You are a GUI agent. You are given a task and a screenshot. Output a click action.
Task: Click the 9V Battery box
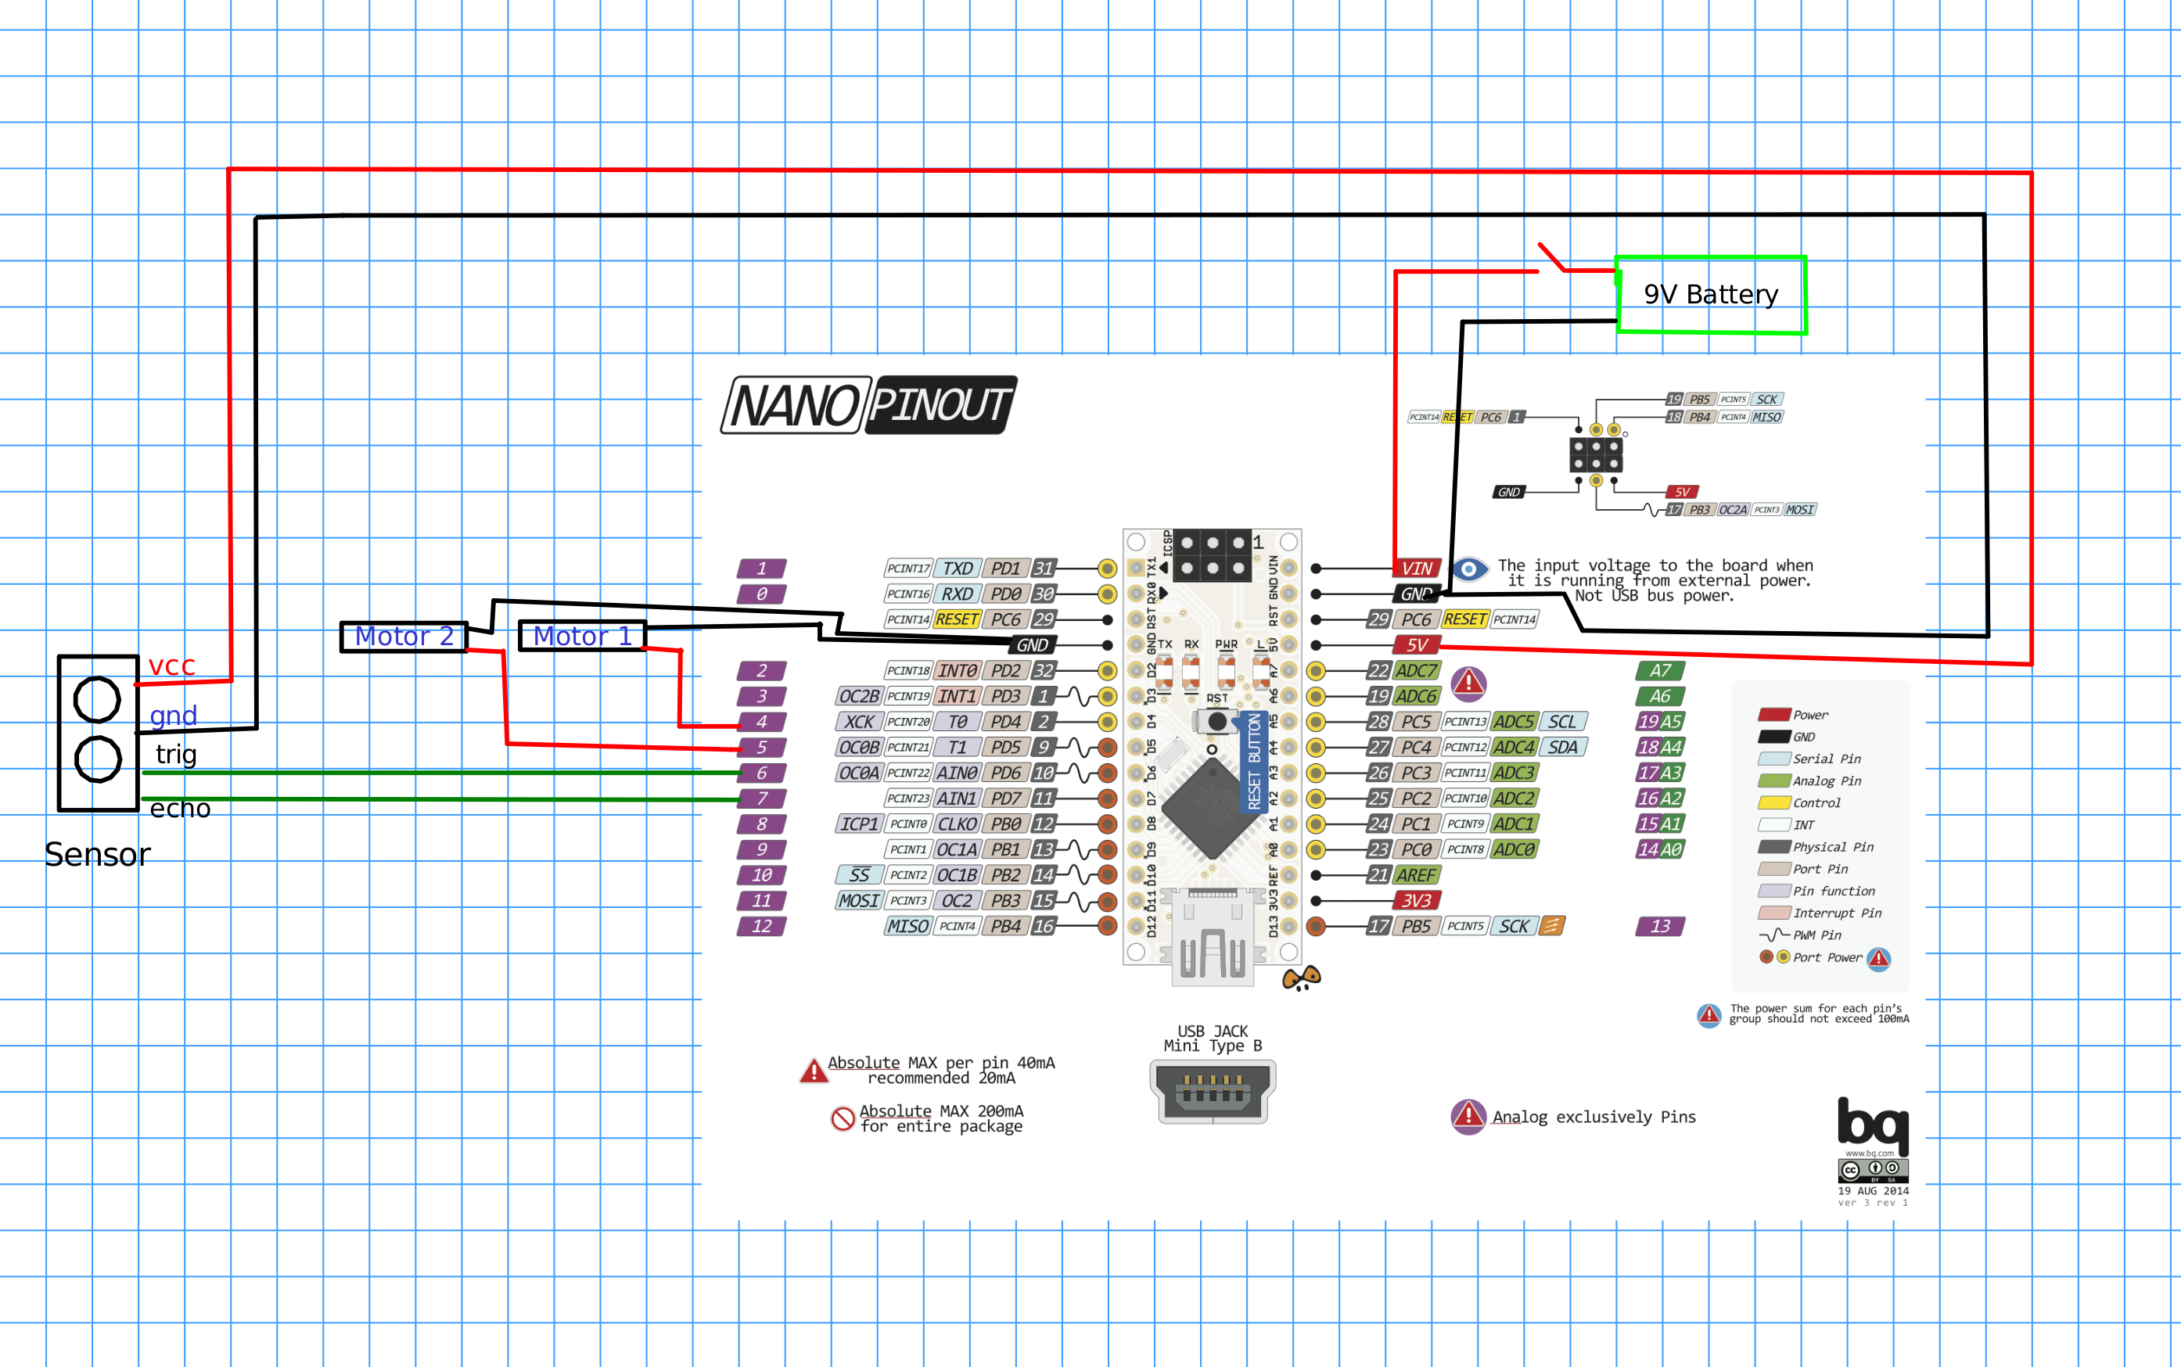pos(1711,295)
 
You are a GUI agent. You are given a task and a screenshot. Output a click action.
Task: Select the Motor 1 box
pos(582,636)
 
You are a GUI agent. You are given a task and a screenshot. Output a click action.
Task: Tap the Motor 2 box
pos(404,636)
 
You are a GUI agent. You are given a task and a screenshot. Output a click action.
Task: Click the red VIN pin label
pos(1417,568)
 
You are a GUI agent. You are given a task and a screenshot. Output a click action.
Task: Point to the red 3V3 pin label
pos(1416,900)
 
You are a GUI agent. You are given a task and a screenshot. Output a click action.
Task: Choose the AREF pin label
pos(1415,875)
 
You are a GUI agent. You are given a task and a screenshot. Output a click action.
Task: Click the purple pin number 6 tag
pos(761,773)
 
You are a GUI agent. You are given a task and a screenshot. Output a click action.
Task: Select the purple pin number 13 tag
pos(1660,926)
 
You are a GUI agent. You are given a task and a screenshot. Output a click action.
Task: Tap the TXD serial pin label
pos(957,568)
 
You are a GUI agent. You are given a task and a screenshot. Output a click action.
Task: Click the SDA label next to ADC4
pos(1562,748)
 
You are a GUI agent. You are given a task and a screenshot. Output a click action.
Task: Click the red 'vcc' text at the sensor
pos(172,666)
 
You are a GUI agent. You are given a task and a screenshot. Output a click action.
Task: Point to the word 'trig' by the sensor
pos(175,754)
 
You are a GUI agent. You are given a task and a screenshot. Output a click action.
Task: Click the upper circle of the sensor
pos(97,699)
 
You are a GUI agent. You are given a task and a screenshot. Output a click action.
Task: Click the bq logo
pos(1872,1125)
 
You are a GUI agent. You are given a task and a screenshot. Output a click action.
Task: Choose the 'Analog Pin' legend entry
pos(1826,781)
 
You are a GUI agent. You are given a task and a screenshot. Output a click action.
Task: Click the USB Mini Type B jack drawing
pos(1213,1090)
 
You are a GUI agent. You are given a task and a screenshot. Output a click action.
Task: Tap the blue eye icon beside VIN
pos(1469,569)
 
